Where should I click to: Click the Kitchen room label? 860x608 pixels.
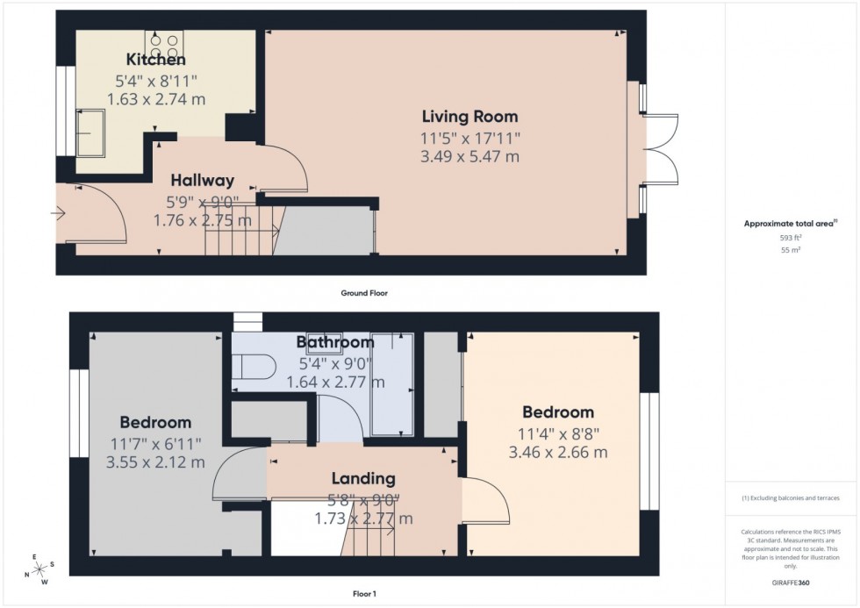coord(155,61)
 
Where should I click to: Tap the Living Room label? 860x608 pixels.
coord(469,116)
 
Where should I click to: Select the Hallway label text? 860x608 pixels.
coord(202,181)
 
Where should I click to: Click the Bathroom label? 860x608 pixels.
coord(334,341)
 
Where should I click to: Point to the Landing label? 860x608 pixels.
coord(363,479)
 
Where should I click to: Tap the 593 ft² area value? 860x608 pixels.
coord(792,238)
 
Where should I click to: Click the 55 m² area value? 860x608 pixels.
coord(792,250)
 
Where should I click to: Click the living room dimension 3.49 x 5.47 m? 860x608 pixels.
coord(469,158)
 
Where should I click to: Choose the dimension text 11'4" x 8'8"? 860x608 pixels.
coord(557,433)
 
